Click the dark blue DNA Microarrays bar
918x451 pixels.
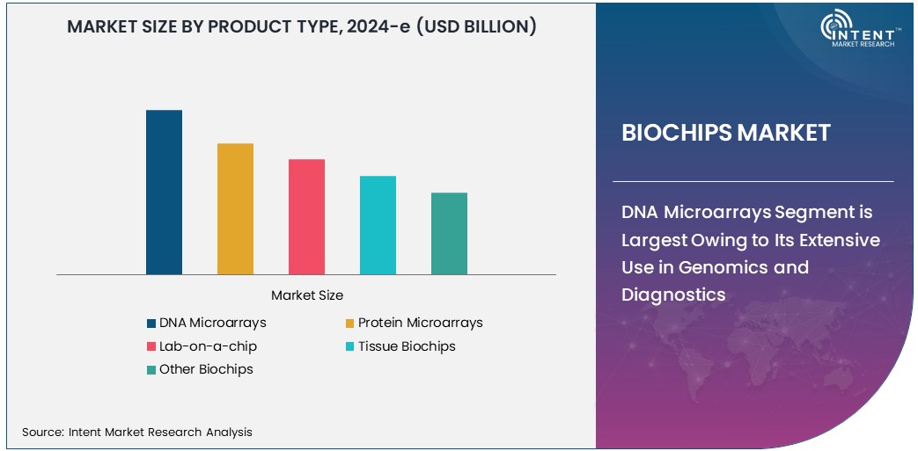point(164,192)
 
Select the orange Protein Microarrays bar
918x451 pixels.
point(235,208)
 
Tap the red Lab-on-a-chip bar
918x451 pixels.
point(306,216)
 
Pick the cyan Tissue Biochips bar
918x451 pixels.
point(378,225)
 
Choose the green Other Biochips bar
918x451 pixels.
point(449,233)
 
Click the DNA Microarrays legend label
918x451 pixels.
point(212,323)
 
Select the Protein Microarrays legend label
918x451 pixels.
point(420,323)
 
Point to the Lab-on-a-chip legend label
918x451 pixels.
point(208,346)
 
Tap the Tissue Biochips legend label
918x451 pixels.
point(407,346)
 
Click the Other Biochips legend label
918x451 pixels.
point(206,369)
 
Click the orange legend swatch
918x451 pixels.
point(350,324)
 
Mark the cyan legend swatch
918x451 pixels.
point(350,347)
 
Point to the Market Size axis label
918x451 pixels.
point(307,295)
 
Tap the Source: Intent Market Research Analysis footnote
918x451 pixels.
point(137,432)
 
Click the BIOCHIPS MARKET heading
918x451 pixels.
point(725,133)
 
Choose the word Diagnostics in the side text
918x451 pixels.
point(673,295)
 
